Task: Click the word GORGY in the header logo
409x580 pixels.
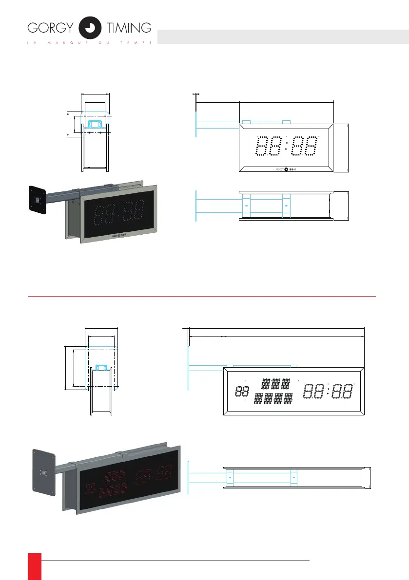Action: coord(49,28)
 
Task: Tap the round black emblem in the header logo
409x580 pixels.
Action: coord(90,27)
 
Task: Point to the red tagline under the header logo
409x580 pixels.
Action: coord(90,42)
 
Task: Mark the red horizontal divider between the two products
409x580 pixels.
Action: coord(202,296)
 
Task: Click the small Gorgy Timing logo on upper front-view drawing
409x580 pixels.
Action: coord(286,169)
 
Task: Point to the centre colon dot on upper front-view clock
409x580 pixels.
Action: coord(286,146)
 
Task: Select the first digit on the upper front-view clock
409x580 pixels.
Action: coord(262,146)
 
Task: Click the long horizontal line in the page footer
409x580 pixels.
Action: coord(175,561)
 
